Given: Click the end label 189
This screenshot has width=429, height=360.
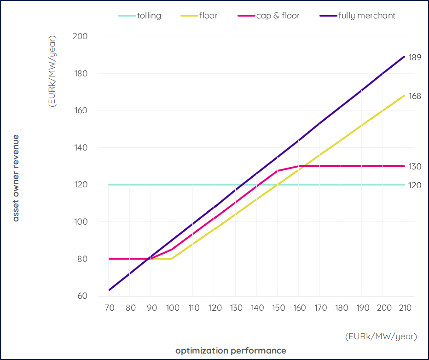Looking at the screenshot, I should pos(415,57).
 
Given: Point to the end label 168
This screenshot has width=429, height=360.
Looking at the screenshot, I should pos(415,96).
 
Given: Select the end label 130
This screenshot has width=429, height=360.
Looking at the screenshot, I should pos(415,166).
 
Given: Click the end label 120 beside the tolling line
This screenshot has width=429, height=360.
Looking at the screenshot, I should pos(415,185).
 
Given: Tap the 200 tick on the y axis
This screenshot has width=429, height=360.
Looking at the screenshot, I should pos(81,36).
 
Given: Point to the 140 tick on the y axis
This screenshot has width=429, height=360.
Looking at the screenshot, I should pos(81,148).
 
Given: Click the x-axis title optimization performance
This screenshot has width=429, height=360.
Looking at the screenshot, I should pos(231,351).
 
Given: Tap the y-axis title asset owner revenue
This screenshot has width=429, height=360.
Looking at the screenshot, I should pos(16,178).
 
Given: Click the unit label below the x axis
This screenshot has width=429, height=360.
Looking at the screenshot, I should pos(381,337).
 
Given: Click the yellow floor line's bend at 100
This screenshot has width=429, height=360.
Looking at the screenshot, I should pos(172,259).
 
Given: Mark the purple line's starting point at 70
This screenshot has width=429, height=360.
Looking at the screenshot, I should pos(109,290).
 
